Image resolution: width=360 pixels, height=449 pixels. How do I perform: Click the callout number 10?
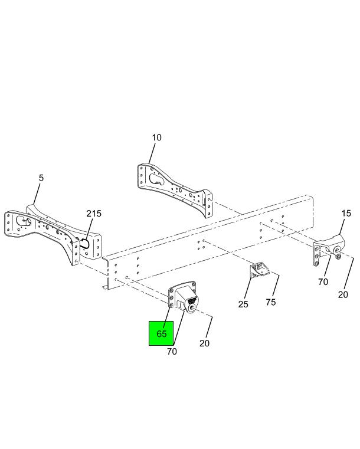[156, 137]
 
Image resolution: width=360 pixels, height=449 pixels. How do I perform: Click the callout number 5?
[41, 178]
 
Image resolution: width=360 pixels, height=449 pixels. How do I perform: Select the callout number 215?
[94, 214]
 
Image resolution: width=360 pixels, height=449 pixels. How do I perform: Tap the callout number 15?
[346, 214]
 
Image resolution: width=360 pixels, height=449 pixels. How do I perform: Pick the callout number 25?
[243, 304]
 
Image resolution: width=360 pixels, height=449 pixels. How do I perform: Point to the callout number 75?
[271, 302]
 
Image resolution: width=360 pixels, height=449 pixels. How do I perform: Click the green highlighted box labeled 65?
[161, 333]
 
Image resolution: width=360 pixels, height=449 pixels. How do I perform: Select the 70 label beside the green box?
[172, 352]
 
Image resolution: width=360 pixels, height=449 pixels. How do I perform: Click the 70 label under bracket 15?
[323, 282]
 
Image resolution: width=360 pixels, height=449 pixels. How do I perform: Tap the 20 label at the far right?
[343, 294]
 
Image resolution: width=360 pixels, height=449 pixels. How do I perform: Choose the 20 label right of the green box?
[204, 343]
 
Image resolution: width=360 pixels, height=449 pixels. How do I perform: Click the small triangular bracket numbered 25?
[259, 270]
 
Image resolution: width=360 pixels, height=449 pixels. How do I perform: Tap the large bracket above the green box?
[184, 298]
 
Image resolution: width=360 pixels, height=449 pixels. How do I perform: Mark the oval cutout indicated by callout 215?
[86, 243]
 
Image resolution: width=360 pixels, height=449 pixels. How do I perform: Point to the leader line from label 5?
[37, 194]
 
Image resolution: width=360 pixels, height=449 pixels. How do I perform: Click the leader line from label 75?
[276, 286]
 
